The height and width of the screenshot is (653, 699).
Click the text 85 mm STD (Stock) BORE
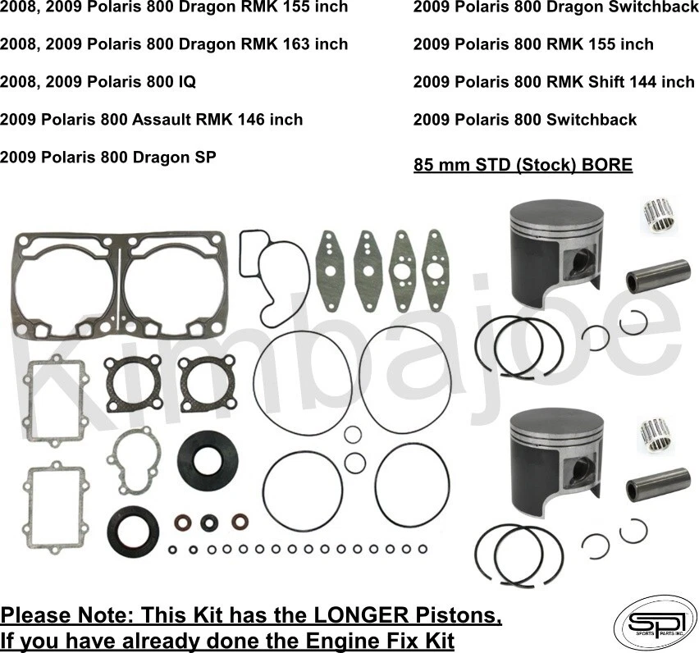point(523,165)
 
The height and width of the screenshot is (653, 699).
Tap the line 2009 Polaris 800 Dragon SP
point(108,157)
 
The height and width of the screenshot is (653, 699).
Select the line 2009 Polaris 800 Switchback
point(524,120)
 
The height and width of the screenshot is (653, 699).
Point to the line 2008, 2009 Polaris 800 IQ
point(98,82)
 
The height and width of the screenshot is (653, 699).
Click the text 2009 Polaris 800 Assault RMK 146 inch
point(152,120)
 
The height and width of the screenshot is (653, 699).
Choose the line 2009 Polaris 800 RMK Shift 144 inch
point(553,82)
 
